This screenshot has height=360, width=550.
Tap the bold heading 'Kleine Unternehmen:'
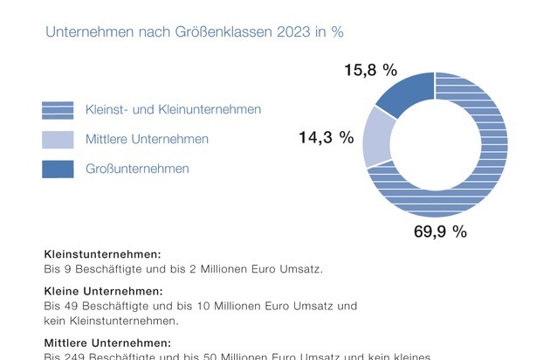tap(103, 291)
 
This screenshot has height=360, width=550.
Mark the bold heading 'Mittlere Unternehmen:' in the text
tap(107, 343)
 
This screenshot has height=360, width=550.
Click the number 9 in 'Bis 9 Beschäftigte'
tap(67, 269)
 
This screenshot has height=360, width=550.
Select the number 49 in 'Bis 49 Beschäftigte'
tap(71, 306)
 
